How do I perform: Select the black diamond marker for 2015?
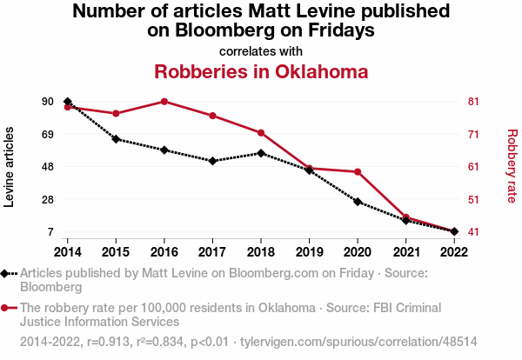click(x=116, y=139)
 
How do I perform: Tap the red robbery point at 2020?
click(x=358, y=172)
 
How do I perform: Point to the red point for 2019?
click(x=309, y=169)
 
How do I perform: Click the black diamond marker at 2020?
click(x=358, y=202)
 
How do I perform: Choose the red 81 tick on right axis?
click(x=474, y=102)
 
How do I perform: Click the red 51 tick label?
click(x=474, y=199)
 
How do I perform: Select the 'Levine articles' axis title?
click(x=10, y=167)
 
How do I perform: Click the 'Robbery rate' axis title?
click(x=512, y=166)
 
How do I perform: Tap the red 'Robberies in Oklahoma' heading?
click(x=261, y=71)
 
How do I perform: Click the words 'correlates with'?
click(x=261, y=50)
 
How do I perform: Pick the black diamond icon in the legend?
click(x=7, y=273)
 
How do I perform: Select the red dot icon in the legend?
click(x=7, y=308)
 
